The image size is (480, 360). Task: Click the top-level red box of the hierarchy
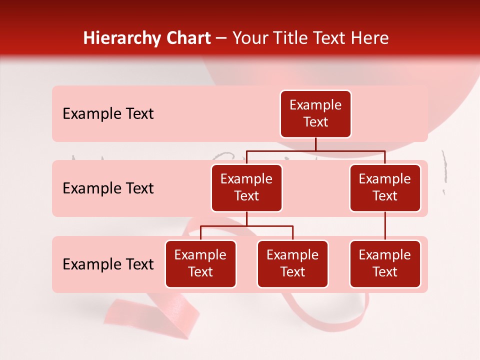pyautogui.click(x=315, y=113)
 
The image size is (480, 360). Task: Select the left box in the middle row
pyautogui.click(x=246, y=187)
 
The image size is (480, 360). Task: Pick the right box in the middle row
pyautogui.click(x=385, y=187)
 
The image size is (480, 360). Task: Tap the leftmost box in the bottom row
pyautogui.click(x=200, y=263)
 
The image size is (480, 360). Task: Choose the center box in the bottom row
pyautogui.click(x=292, y=263)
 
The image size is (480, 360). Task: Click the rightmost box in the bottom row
pyautogui.click(x=385, y=263)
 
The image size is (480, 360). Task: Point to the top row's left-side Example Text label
pyautogui.click(x=108, y=113)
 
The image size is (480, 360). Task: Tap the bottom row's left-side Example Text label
pyautogui.click(x=108, y=264)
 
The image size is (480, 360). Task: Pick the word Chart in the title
pyautogui.click(x=187, y=38)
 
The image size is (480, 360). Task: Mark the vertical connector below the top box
pyautogui.click(x=315, y=144)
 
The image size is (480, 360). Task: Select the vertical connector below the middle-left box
pyautogui.click(x=246, y=219)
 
